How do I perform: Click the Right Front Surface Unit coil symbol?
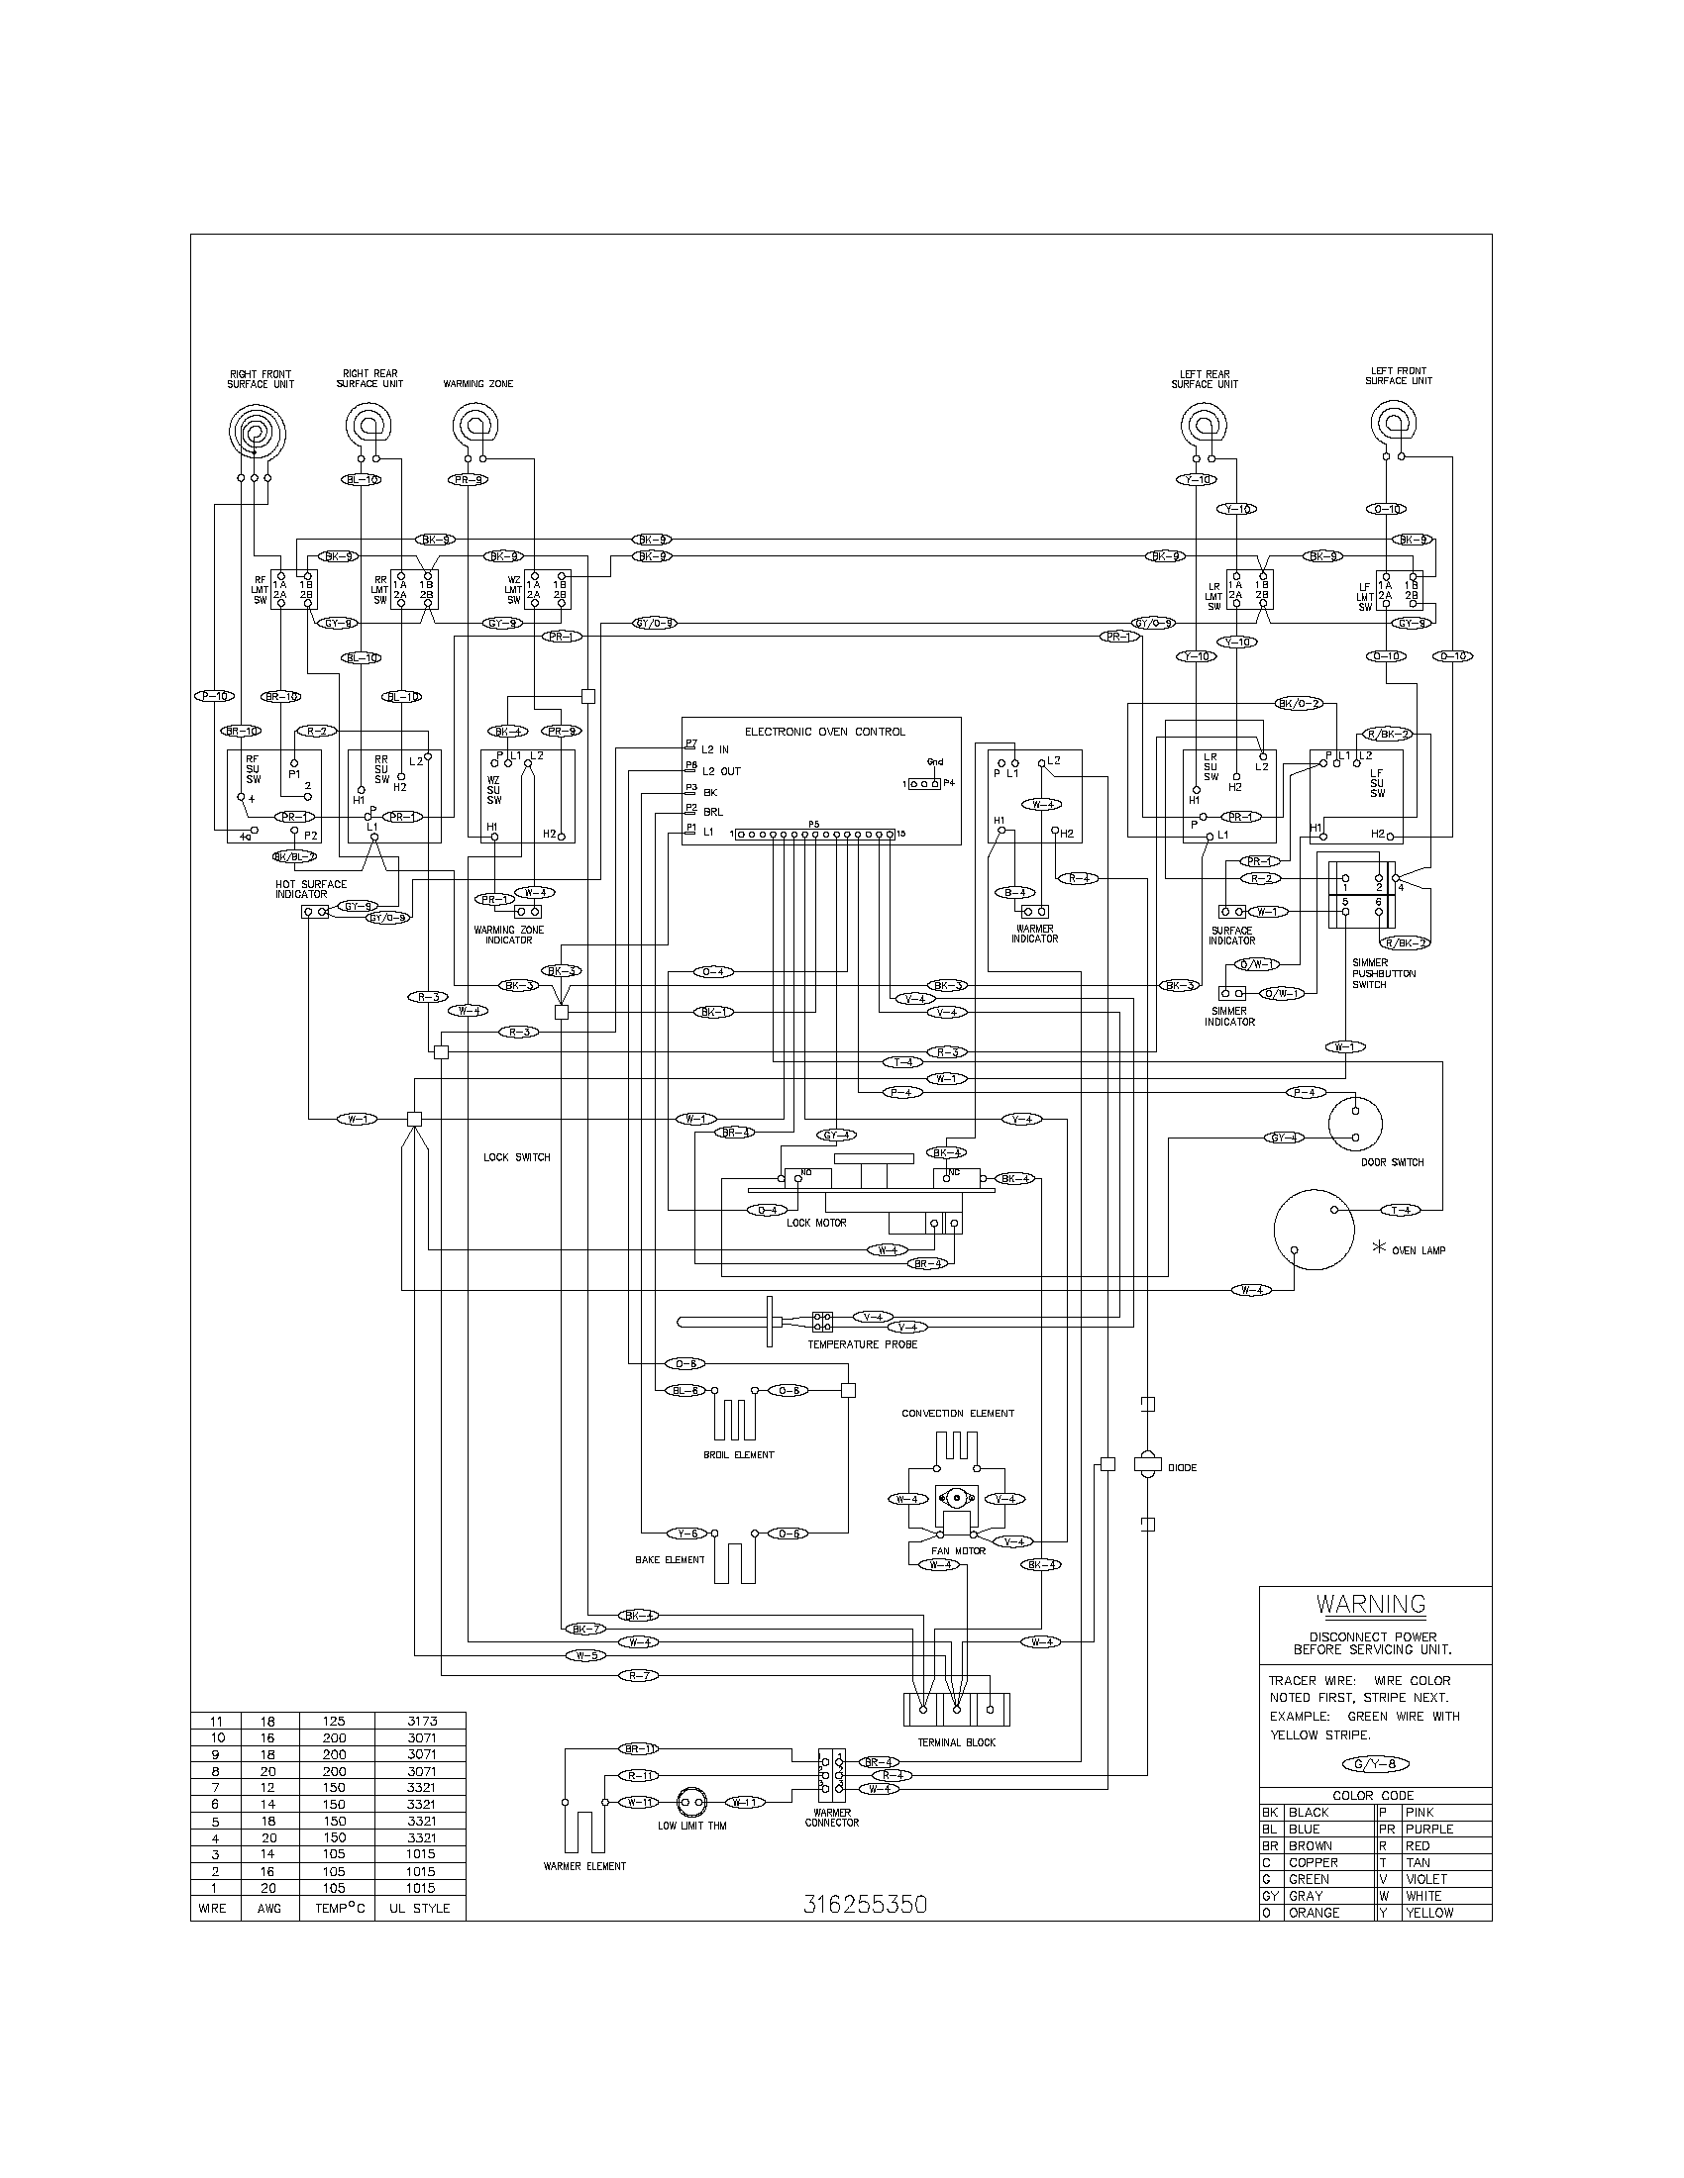pyautogui.click(x=257, y=433)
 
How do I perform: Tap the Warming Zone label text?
pyautogui.click(x=477, y=384)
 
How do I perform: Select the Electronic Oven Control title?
pyautogui.click(x=824, y=732)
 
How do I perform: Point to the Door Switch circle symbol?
pyautogui.click(x=1356, y=1122)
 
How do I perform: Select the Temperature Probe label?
pyautogui.click(x=862, y=1344)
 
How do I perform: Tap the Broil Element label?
pyautogui.click(x=738, y=1455)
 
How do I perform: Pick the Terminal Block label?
pyautogui.click(x=955, y=1742)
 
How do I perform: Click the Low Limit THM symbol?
pyautogui.click(x=691, y=1803)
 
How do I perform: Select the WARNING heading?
pyautogui.click(x=1371, y=1605)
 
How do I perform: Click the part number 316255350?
pyautogui.click(x=865, y=1904)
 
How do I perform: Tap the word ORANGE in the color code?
pyautogui.click(x=1314, y=1913)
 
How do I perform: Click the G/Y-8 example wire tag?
pyautogui.click(x=1377, y=1763)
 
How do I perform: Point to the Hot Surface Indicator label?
pyautogui.click(x=311, y=889)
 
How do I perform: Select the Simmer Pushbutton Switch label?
pyautogui.click(x=1383, y=973)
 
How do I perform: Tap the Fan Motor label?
pyautogui.click(x=957, y=1550)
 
